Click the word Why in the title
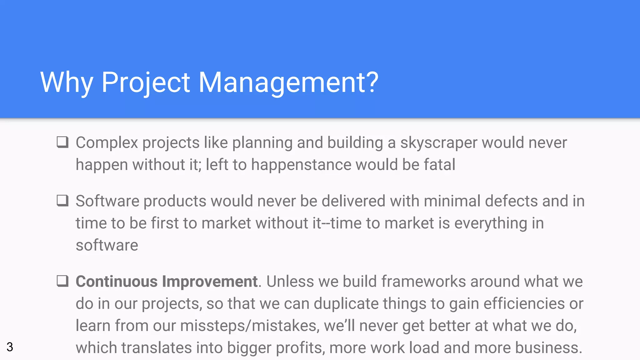pyautogui.click(x=67, y=82)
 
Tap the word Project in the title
pyautogui.click(x=146, y=82)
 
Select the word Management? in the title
pyautogui.click(x=288, y=82)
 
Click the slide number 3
pyautogui.click(x=10, y=347)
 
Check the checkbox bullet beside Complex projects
pyautogui.click(x=62, y=142)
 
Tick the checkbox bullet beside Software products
pyautogui.click(x=62, y=201)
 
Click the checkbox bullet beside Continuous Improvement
pyautogui.click(x=62, y=281)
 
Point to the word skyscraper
pyautogui.click(x=439, y=143)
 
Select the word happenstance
pyautogui.click(x=301, y=165)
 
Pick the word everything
pyautogui.click(x=491, y=223)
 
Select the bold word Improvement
pyautogui.click(x=210, y=281)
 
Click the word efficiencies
pyautogui.click(x=524, y=303)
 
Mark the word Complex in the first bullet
pyautogui.click(x=107, y=143)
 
